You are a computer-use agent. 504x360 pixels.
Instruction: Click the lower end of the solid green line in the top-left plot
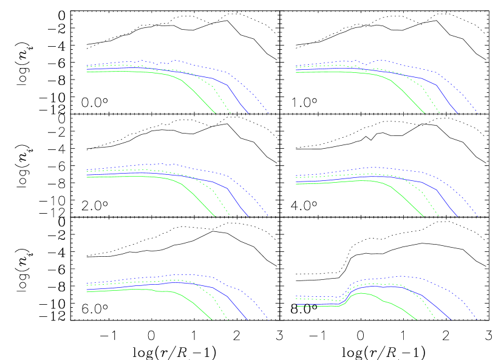click(x=215, y=113)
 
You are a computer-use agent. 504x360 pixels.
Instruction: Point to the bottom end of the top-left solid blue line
click(x=248, y=114)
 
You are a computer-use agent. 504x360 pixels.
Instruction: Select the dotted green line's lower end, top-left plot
click(x=230, y=114)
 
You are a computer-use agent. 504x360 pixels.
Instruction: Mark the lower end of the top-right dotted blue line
click(x=478, y=114)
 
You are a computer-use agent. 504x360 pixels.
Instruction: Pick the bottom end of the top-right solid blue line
click(x=458, y=114)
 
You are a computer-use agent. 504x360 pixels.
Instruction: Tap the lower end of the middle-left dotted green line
click(x=230, y=216)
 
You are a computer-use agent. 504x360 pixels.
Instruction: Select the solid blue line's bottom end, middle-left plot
click(x=248, y=216)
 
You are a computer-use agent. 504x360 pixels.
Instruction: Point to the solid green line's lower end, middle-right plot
click(x=424, y=216)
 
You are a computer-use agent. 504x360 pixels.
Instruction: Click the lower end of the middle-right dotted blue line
click(x=478, y=216)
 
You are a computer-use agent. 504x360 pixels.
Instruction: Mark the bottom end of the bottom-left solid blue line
click(x=248, y=319)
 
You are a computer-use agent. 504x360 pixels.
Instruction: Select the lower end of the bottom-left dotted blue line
click(x=269, y=319)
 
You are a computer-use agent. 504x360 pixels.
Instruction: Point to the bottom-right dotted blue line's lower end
click(x=478, y=319)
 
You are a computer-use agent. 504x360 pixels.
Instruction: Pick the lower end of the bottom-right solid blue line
click(x=451, y=319)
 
